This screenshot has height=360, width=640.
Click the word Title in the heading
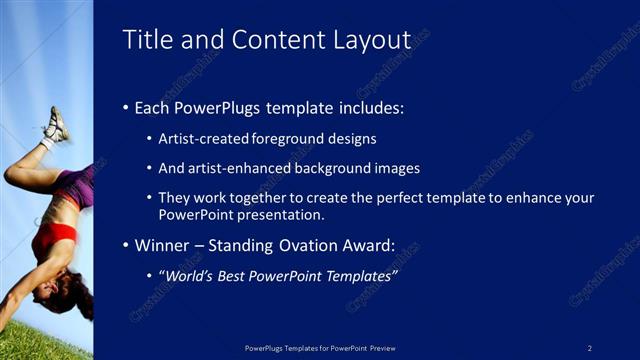pos(146,40)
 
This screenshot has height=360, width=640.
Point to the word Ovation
pos(314,245)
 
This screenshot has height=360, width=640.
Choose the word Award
pos(371,245)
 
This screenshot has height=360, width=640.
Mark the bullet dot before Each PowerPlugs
pos(125,107)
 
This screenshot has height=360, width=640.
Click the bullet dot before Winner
pos(125,245)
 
